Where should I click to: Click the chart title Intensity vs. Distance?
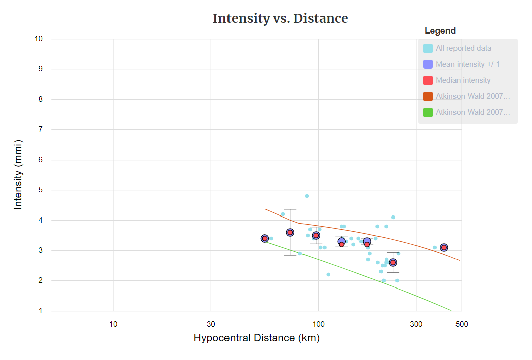click(280, 19)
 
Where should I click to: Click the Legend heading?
click(440, 31)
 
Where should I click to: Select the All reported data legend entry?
click(464, 49)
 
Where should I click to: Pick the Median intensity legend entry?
click(463, 80)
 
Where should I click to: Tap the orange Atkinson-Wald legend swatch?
click(428, 96)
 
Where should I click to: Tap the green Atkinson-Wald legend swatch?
click(428, 112)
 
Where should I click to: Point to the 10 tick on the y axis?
click(39, 39)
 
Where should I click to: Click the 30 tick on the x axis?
click(211, 324)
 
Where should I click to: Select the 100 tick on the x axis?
click(318, 324)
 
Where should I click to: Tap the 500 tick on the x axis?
click(462, 324)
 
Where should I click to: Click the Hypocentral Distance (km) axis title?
click(256, 338)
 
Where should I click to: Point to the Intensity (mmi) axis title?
click(18, 175)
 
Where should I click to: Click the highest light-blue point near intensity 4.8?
click(307, 196)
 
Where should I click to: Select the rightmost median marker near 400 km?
click(444, 247)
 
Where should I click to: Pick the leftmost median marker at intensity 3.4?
click(265, 238)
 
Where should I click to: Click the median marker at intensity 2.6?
click(393, 262)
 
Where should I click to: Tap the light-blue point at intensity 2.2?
click(328, 274)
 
